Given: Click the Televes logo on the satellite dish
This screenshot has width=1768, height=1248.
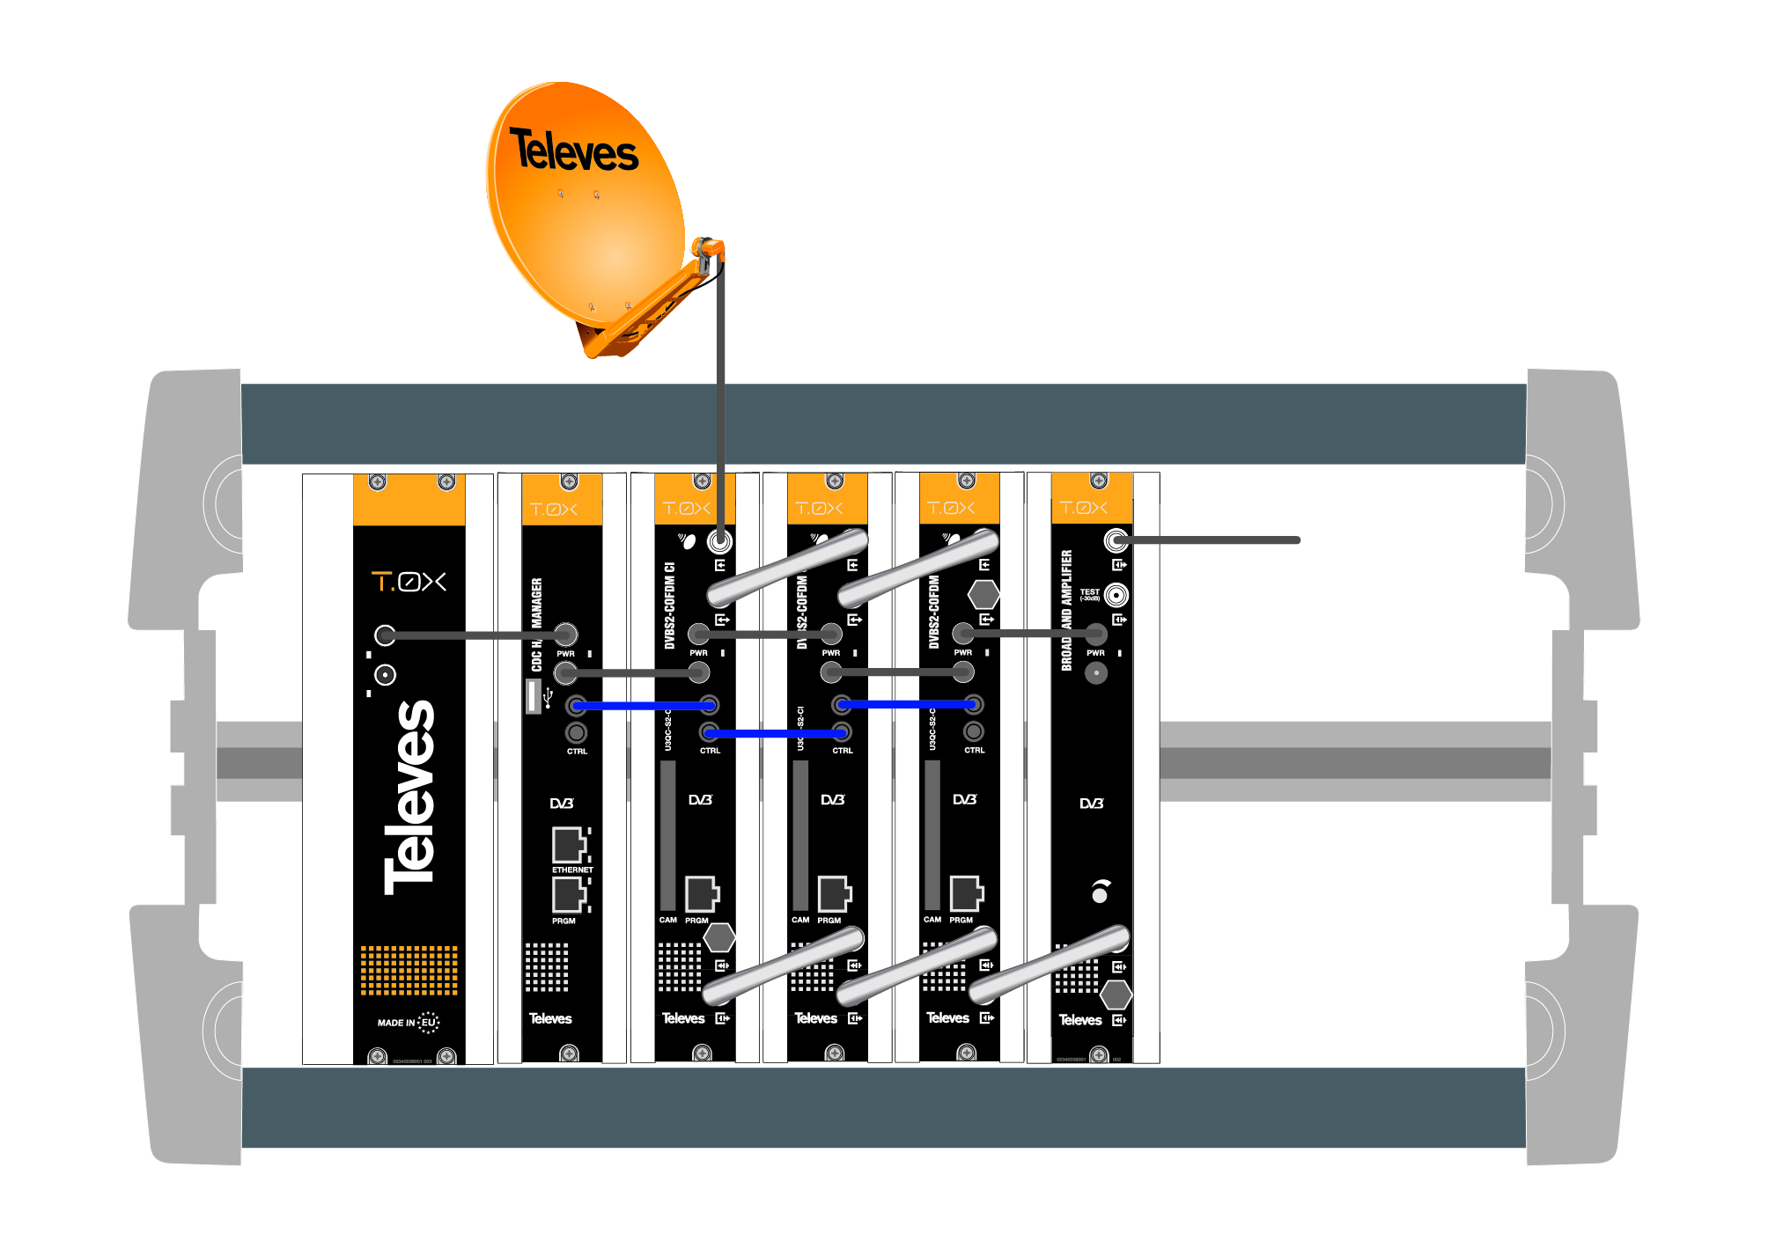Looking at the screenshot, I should coord(573,150).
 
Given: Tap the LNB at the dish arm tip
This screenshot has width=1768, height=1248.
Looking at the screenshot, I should coord(706,253).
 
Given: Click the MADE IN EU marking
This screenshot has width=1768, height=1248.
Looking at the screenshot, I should coord(408,1022).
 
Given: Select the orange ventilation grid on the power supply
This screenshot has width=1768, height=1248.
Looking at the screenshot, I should coord(409,970).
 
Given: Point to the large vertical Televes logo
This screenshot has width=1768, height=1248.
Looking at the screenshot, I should coord(409,797).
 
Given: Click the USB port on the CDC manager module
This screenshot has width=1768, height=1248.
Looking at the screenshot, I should coord(534,695).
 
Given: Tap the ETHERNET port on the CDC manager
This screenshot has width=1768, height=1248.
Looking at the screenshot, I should coord(570,846).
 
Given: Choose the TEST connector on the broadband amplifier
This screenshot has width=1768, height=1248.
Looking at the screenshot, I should coord(1116,596).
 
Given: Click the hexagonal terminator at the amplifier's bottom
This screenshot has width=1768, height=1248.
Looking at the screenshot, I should coord(1116,995).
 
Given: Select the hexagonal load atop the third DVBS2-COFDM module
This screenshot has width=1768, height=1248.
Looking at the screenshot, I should coord(983,594).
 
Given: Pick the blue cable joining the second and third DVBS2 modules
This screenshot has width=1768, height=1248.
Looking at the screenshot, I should coord(907,704).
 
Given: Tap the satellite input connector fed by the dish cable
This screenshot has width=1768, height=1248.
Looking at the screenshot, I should coord(720,540).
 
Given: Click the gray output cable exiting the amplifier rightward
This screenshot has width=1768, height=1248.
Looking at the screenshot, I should coord(1215,540).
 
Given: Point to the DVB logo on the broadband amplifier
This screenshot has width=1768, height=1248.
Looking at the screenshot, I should coord(1091,804).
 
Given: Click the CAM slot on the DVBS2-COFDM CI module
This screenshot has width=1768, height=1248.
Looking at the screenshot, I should coord(668,836).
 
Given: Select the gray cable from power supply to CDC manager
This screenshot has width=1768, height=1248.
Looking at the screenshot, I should coord(475,635).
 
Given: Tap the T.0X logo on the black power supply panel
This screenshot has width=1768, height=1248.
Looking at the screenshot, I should coord(409,582).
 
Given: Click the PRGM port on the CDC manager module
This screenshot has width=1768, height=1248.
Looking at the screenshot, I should coord(570,895).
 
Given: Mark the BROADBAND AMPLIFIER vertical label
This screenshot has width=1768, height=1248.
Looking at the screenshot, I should coord(1066,610).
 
